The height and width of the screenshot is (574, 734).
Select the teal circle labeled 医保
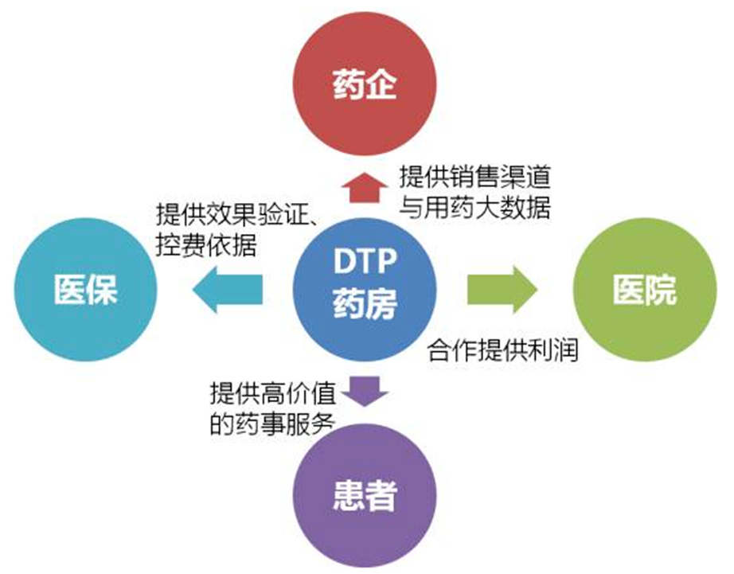[x=85, y=290]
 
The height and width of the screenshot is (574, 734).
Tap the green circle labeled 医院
[x=646, y=290]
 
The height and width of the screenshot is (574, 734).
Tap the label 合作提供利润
[x=502, y=349]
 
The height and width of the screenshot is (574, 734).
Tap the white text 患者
[x=366, y=497]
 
